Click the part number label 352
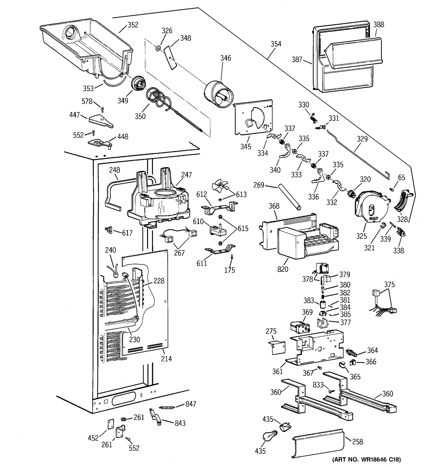point(133,25)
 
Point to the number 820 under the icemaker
point(283,269)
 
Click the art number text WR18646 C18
point(366,459)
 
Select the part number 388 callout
point(379,24)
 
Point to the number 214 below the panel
point(166,358)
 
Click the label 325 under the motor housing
point(361,236)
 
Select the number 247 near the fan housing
point(186,175)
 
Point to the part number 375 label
point(389,285)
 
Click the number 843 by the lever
point(180,423)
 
